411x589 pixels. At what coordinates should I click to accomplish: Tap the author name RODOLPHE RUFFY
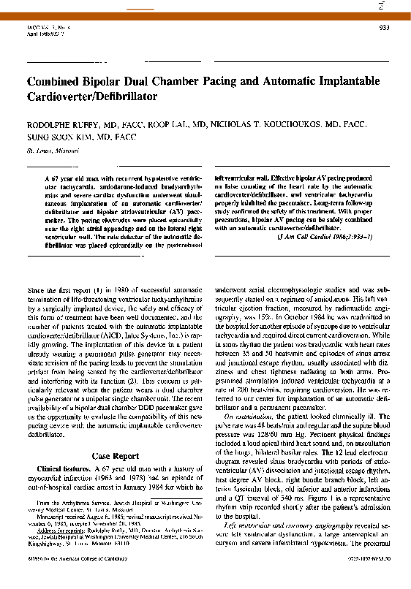(59, 124)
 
